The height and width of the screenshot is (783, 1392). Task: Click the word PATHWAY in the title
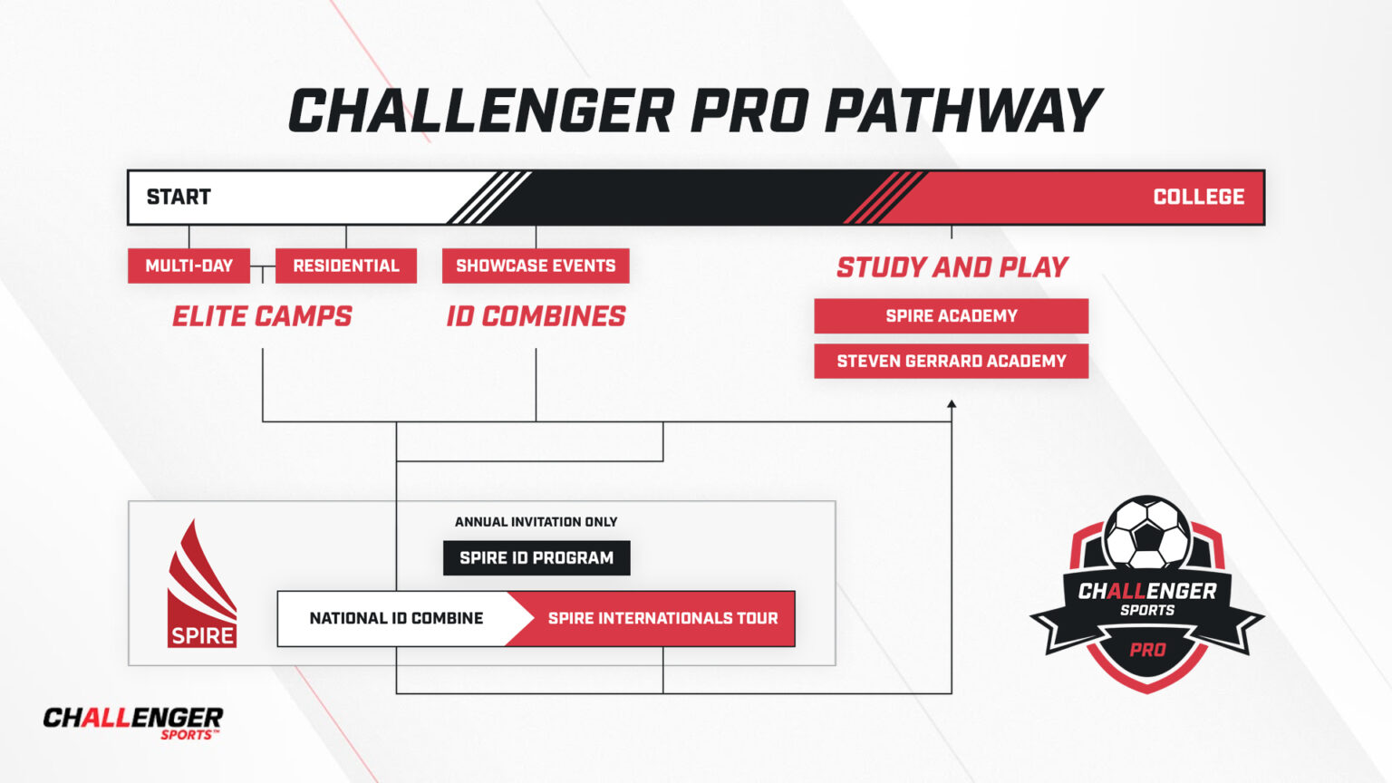pos(962,111)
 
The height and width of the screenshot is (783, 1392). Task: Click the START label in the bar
pos(179,197)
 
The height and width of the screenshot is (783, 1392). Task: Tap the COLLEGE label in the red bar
pos(1198,197)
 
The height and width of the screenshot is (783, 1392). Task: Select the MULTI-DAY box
pos(188,266)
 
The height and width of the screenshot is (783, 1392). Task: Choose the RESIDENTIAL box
pos(345,266)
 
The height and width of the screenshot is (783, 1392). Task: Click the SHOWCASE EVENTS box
pos(536,266)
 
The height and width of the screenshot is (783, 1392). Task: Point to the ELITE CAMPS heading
pos(262,316)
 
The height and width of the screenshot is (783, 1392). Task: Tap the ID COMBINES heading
pos(536,316)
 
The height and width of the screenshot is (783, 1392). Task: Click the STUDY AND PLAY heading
pos(952,267)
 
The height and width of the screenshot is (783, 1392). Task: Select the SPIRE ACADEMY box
pos(951,315)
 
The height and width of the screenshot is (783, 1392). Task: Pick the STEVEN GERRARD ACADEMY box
pos(951,361)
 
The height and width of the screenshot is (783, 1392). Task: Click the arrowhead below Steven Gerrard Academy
pos(952,404)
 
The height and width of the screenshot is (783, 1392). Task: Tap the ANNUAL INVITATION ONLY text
pos(536,522)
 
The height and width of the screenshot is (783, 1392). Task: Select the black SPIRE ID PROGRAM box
pos(536,557)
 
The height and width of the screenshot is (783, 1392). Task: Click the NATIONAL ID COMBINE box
pos(396,618)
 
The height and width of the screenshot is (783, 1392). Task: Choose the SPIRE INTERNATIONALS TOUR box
pos(662,618)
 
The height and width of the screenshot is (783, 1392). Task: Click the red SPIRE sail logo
pos(201,585)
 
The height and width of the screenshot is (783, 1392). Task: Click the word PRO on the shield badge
pos(1147,650)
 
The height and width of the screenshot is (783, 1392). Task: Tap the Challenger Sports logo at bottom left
pos(132,722)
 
